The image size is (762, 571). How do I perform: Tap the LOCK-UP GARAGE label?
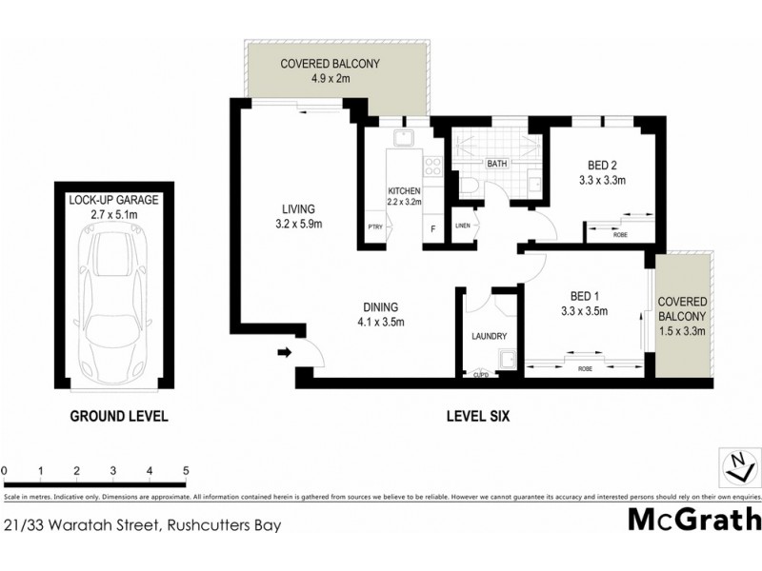[113, 200]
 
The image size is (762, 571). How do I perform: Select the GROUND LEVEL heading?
[119, 416]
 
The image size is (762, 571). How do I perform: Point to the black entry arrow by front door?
[283, 354]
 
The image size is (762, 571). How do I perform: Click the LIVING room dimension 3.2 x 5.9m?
[298, 225]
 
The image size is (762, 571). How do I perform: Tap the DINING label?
[380, 307]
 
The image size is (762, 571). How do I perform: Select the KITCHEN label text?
[404, 191]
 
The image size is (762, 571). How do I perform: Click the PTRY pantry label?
[375, 226]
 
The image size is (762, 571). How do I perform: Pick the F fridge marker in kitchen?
[432, 227]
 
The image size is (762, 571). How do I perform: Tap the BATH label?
[497, 164]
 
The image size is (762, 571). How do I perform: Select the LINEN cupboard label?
[463, 226]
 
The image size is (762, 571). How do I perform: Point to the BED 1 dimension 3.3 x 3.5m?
[585, 310]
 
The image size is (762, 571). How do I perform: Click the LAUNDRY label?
[489, 337]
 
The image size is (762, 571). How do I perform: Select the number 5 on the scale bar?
[186, 471]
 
